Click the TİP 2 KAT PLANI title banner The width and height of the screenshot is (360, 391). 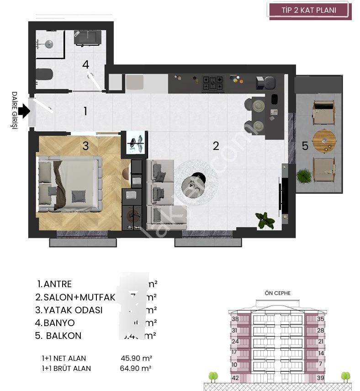(310, 10)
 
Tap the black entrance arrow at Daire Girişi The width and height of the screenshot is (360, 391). (24, 111)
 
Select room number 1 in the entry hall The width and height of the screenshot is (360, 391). (85, 111)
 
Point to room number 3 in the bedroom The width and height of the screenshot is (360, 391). (85, 145)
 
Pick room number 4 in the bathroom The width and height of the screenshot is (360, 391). (85, 64)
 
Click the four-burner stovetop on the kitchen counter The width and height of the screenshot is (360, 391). (213, 83)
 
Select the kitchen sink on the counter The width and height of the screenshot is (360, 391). (135, 83)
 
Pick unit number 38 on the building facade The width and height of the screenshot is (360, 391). (235, 319)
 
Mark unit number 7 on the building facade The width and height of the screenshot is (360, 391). (320, 364)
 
